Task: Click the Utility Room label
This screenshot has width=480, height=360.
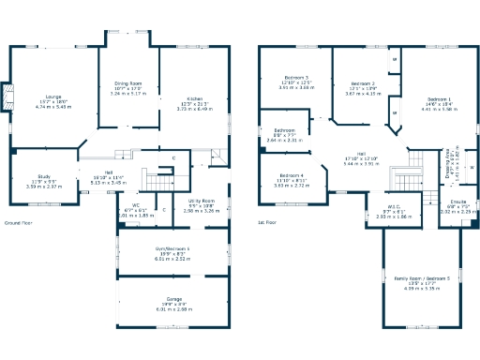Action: (x=202, y=202)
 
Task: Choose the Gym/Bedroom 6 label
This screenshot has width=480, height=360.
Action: (x=172, y=249)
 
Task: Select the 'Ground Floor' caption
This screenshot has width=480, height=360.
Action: (x=20, y=222)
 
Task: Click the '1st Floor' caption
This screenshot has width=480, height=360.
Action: (x=268, y=222)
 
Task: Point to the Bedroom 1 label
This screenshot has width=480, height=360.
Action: (x=439, y=98)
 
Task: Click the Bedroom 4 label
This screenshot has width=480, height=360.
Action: (x=291, y=176)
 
